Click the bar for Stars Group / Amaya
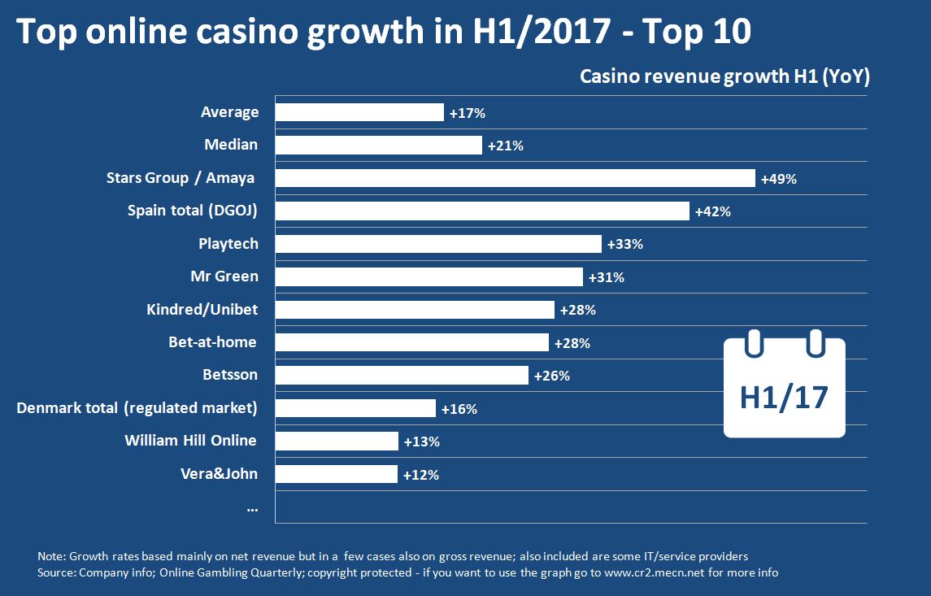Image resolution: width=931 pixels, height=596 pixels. tap(516, 178)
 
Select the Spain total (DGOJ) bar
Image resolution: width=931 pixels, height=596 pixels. tap(482, 211)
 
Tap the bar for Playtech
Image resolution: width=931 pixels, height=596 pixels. tap(438, 244)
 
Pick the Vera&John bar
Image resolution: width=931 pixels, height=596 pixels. tap(337, 474)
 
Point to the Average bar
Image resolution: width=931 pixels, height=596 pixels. tap(359, 112)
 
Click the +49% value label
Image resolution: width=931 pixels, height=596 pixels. tap(778, 179)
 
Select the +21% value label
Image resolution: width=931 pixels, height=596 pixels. tap(505, 146)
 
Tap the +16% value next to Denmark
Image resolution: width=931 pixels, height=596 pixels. tap(459, 409)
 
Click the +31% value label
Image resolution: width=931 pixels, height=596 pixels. tap(606, 277)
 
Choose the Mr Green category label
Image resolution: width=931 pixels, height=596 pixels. tap(224, 276)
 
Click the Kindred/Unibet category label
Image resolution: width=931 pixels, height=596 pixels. tap(202, 310)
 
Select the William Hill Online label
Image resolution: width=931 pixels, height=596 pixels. tap(190, 441)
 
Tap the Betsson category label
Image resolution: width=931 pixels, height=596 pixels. tap(230, 375)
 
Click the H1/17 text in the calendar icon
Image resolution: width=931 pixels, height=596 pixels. tap(784, 398)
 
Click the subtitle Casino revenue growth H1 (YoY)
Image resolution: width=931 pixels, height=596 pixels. tap(724, 76)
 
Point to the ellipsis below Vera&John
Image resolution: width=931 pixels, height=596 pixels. tap(252, 508)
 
